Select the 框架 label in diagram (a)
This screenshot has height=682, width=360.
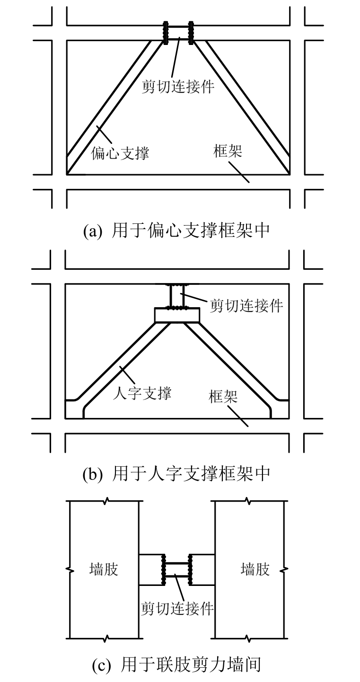tap(228, 152)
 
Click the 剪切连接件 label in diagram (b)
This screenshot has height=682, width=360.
tap(246, 305)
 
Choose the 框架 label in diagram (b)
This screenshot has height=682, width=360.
tap(223, 397)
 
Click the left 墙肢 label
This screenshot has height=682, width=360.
tap(104, 568)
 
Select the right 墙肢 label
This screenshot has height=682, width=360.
tap(255, 568)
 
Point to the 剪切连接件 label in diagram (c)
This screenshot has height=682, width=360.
tap(177, 608)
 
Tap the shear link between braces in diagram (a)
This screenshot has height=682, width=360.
tap(179, 33)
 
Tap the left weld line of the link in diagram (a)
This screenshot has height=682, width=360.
tap(166, 33)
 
